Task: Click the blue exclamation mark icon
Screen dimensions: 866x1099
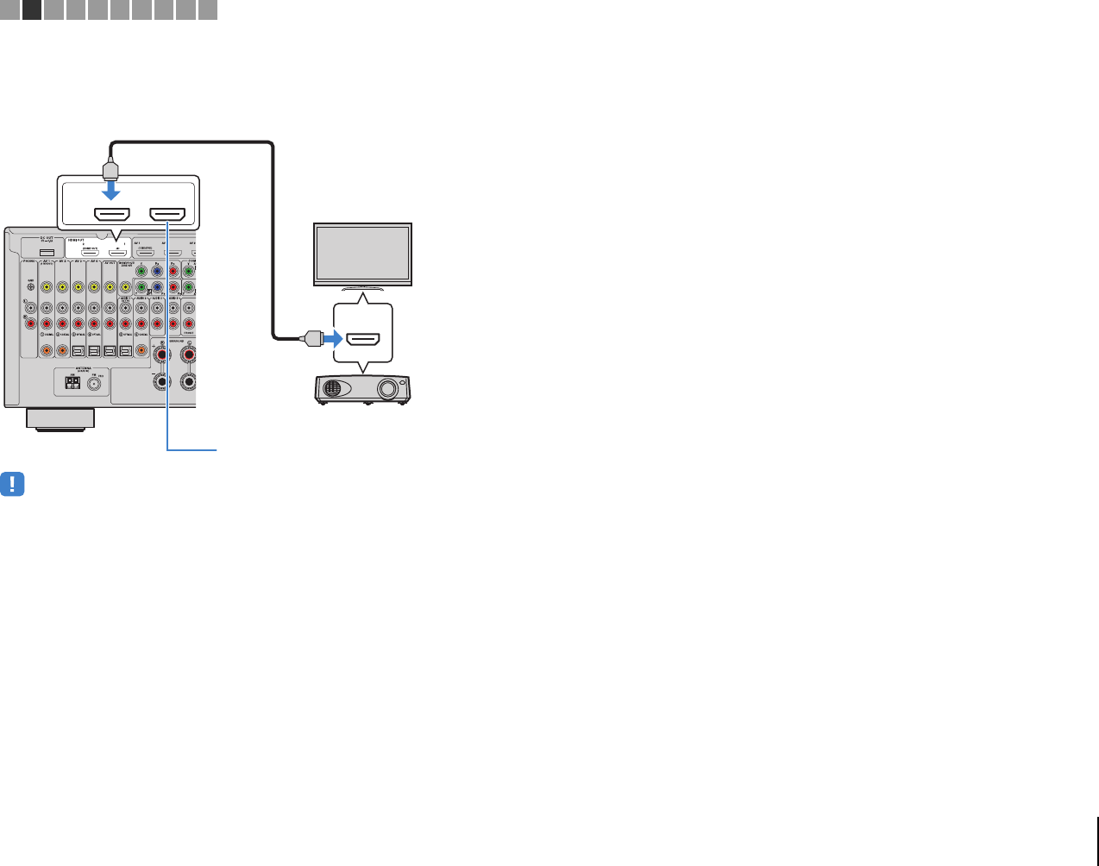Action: (x=12, y=484)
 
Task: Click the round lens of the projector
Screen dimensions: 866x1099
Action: (x=387, y=389)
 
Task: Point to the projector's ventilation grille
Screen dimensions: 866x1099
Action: (x=331, y=389)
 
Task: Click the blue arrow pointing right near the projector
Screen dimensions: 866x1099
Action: (x=332, y=339)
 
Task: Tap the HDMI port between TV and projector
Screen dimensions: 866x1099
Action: (x=363, y=339)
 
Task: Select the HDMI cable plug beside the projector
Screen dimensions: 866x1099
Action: (x=311, y=339)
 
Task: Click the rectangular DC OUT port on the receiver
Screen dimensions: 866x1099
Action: (x=47, y=253)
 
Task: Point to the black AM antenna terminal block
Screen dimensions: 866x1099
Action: (x=71, y=382)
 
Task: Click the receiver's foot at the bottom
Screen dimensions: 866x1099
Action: (x=60, y=419)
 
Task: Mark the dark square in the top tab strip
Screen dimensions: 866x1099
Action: (x=32, y=9)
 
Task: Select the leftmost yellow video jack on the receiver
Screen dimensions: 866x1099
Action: (x=47, y=287)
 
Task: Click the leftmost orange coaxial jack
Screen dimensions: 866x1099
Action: (x=47, y=351)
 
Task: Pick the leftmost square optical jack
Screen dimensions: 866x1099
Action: (x=78, y=351)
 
